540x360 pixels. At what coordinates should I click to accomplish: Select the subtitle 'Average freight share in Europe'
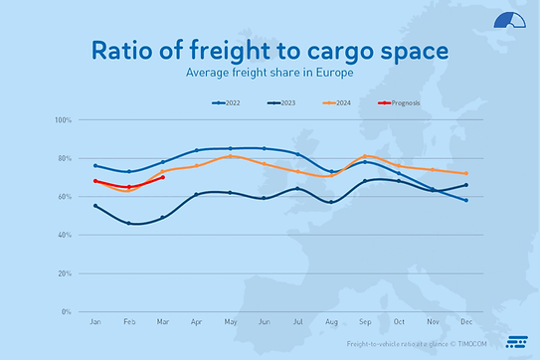tap(270, 74)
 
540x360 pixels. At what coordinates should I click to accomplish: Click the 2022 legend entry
tap(228, 101)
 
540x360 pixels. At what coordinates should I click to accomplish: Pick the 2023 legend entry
tap(283, 101)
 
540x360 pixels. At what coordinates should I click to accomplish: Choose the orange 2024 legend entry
tap(339, 101)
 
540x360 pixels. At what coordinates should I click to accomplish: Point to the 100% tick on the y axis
tap(63, 120)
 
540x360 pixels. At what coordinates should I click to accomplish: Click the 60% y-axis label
tap(65, 197)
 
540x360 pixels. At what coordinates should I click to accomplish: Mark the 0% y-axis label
tap(67, 311)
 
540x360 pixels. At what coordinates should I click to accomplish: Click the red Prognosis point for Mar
tap(163, 178)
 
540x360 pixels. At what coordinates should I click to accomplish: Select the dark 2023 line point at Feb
tap(129, 224)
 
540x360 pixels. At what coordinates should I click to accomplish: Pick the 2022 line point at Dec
tap(465, 201)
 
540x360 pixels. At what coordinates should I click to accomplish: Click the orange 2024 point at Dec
tap(465, 174)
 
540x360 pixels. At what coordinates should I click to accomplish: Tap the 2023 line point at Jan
tap(95, 206)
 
